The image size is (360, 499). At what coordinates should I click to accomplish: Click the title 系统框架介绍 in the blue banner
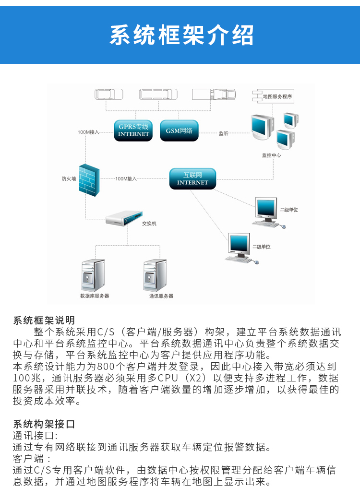click(181, 35)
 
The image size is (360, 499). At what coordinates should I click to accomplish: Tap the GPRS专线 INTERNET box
click(133, 130)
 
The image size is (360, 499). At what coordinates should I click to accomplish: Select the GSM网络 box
click(179, 131)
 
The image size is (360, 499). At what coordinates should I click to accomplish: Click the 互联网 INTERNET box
click(192, 178)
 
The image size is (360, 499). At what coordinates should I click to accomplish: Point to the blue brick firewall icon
click(89, 180)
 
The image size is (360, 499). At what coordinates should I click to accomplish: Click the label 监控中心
click(271, 155)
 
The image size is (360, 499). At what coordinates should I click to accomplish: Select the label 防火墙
click(69, 178)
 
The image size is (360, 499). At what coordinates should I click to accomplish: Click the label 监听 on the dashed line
click(224, 133)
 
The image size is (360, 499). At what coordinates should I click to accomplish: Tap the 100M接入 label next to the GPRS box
click(88, 131)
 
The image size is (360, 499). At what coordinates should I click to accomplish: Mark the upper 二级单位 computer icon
click(266, 212)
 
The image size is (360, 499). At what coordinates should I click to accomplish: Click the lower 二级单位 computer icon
click(239, 248)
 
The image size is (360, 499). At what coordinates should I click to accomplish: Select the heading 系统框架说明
click(44, 320)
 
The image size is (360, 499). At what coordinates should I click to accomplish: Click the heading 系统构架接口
click(44, 424)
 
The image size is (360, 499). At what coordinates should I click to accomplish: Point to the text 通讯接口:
click(35, 436)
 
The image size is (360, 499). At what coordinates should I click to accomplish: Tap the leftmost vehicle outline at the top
click(109, 94)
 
